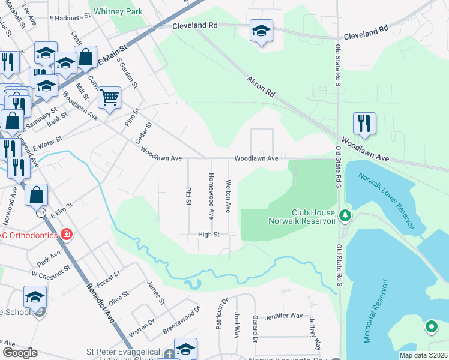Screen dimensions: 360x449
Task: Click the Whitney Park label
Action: click(x=118, y=11)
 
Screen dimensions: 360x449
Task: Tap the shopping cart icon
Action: click(x=109, y=97)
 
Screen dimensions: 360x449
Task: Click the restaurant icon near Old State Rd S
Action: click(x=364, y=123)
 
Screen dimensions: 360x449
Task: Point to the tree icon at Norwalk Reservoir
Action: click(x=345, y=215)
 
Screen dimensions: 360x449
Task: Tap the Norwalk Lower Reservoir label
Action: click(x=387, y=201)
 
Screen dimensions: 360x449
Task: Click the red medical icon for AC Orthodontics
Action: click(x=67, y=234)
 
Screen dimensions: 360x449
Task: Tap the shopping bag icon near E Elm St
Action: click(x=37, y=194)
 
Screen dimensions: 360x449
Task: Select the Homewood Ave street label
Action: click(x=211, y=196)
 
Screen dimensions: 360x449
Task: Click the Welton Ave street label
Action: click(x=228, y=196)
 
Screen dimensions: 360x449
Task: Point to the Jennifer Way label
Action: click(x=284, y=315)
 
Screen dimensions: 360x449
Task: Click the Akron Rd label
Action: click(x=261, y=86)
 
